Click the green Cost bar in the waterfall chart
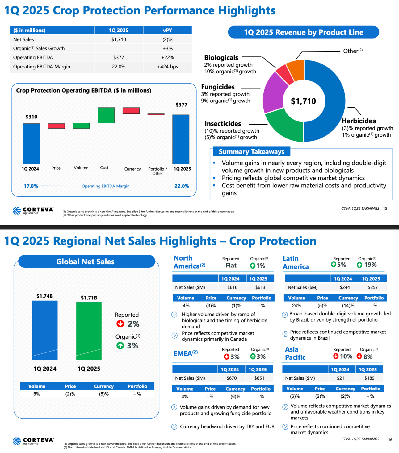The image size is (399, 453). point(106,115)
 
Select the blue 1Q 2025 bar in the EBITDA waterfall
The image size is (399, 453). point(181,139)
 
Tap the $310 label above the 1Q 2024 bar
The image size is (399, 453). point(31,117)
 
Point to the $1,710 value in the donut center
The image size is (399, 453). point(304,101)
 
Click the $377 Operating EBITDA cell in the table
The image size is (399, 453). point(119,57)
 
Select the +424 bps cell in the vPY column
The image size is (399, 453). point(167,67)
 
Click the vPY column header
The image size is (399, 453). point(167,30)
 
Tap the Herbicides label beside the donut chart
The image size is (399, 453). point(359,121)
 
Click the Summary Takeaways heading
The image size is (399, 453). point(251,151)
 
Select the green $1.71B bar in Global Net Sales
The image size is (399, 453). point(89,331)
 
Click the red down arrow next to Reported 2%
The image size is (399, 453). point(120,323)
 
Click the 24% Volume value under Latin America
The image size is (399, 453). point(296,306)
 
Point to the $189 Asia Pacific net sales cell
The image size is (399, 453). point(369,378)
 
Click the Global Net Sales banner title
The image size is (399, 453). point(86,262)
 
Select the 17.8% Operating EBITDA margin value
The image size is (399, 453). point(31,186)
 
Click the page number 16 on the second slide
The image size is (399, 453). point(390,440)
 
